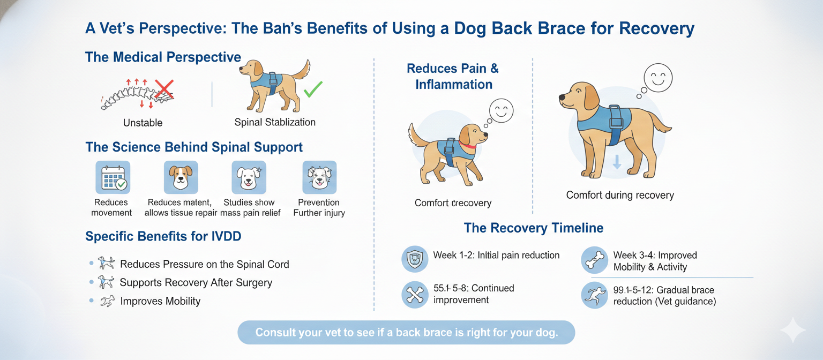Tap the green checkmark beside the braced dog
(313, 89)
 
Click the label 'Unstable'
(143, 123)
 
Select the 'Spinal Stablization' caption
(275, 122)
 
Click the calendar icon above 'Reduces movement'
(113, 177)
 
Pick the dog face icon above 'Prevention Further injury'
(319, 177)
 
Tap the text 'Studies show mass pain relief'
(249, 207)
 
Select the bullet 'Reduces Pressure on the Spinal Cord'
(204, 264)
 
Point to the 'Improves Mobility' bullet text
(160, 301)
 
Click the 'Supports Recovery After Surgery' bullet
(196, 282)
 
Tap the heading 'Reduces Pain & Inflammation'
(453, 76)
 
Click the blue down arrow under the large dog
(617, 162)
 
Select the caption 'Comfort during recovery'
(620, 195)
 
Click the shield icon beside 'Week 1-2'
(415, 259)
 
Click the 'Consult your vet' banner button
(406, 332)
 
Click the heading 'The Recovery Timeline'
(533, 228)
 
